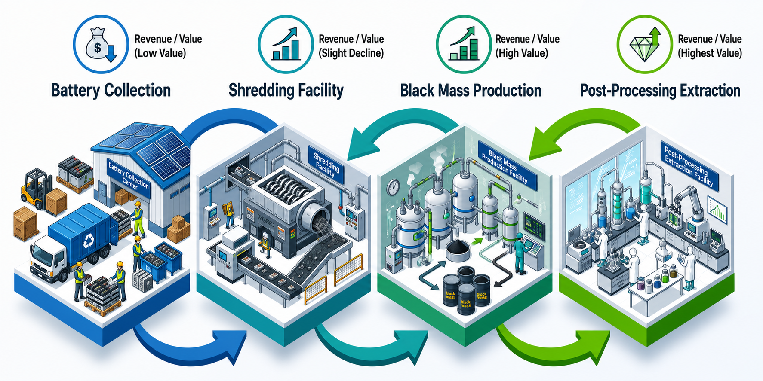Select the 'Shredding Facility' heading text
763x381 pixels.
pyautogui.click(x=286, y=91)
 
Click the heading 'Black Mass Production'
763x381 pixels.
pyautogui.click(x=471, y=91)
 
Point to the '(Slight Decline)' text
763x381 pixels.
pyautogui.click(x=351, y=53)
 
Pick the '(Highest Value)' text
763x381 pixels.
pyautogui.click(x=710, y=53)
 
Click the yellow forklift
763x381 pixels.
pyautogui.click(x=37, y=189)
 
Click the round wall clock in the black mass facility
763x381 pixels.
pyautogui.click(x=393, y=187)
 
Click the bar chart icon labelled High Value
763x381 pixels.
pyautogui.click(x=464, y=44)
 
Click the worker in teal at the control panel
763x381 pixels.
pyautogui.click(x=520, y=253)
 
